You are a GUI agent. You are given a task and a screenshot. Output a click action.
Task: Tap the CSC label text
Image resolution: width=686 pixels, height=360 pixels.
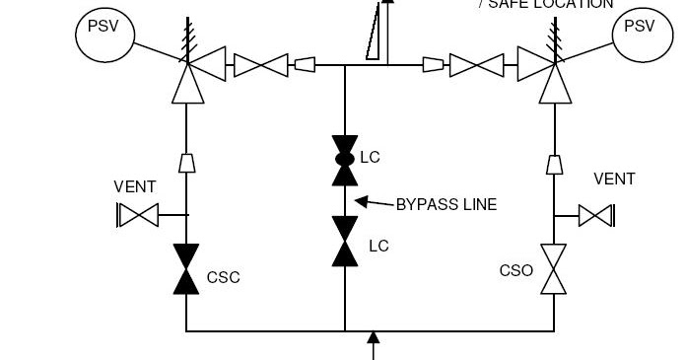pyautogui.click(x=223, y=277)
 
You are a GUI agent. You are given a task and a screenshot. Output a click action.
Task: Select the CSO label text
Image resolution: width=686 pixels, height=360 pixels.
pyautogui.click(x=515, y=269)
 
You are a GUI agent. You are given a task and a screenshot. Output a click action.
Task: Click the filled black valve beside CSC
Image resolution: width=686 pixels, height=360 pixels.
pyautogui.click(x=185, y=269)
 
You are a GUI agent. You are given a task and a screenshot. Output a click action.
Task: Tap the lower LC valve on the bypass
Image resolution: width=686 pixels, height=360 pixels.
pyautogui.click(x=345, y=242)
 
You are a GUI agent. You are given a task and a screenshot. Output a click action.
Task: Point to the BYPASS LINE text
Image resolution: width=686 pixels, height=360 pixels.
pyautogui.click(x=446, y=205)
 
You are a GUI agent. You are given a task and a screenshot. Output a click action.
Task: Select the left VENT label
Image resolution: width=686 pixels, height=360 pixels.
pyautogui.click(x=134, y=186)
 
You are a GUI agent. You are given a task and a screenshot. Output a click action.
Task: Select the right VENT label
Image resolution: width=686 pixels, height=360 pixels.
pyautogui.click(x=614, y=179)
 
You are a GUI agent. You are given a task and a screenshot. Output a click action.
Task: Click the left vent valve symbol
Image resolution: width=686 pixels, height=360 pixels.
pyautogui.click(x=138, y=214)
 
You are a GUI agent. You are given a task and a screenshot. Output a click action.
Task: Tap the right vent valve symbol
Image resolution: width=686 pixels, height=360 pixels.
pyautogui.click(x=596, y=214)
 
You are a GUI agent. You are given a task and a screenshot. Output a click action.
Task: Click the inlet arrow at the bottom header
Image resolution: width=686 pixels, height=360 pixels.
pyautogui.click(x=373, y=345)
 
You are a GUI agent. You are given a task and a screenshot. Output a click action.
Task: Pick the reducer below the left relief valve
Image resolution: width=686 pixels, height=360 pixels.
pyautogui.click(x=185, y=162)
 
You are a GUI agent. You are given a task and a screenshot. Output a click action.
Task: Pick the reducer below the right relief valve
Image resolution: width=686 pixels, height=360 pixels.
pyautogui.click(x=554, y=162)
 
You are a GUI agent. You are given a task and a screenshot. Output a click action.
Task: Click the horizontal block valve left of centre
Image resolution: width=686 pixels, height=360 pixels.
pyautogui.click(x=261, y=65)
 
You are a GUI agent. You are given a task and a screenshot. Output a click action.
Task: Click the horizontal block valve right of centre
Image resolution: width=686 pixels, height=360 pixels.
pyautogui.click(x=477, y=65)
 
